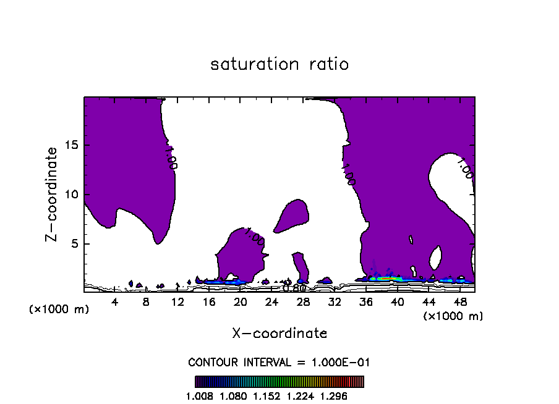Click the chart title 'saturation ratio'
[x=279, y=64]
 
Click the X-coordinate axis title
[x=279, y=334]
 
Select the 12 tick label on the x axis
[x=177, y=302]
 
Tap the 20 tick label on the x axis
[x=241, y=302]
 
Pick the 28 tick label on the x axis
[x=303, y=302]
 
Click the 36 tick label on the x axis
[x=365, y=302]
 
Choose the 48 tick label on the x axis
[x=459, y=302]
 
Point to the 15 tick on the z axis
[x=72, y=146]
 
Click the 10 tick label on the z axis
[x=72, y=195]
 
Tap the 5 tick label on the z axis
[x=75, y=243]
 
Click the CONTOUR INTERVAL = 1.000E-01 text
[x=279, y=362]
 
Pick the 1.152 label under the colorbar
[x=265, y=396]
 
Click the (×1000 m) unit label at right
[x=453, y=316]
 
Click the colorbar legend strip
[x=279, y=382]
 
